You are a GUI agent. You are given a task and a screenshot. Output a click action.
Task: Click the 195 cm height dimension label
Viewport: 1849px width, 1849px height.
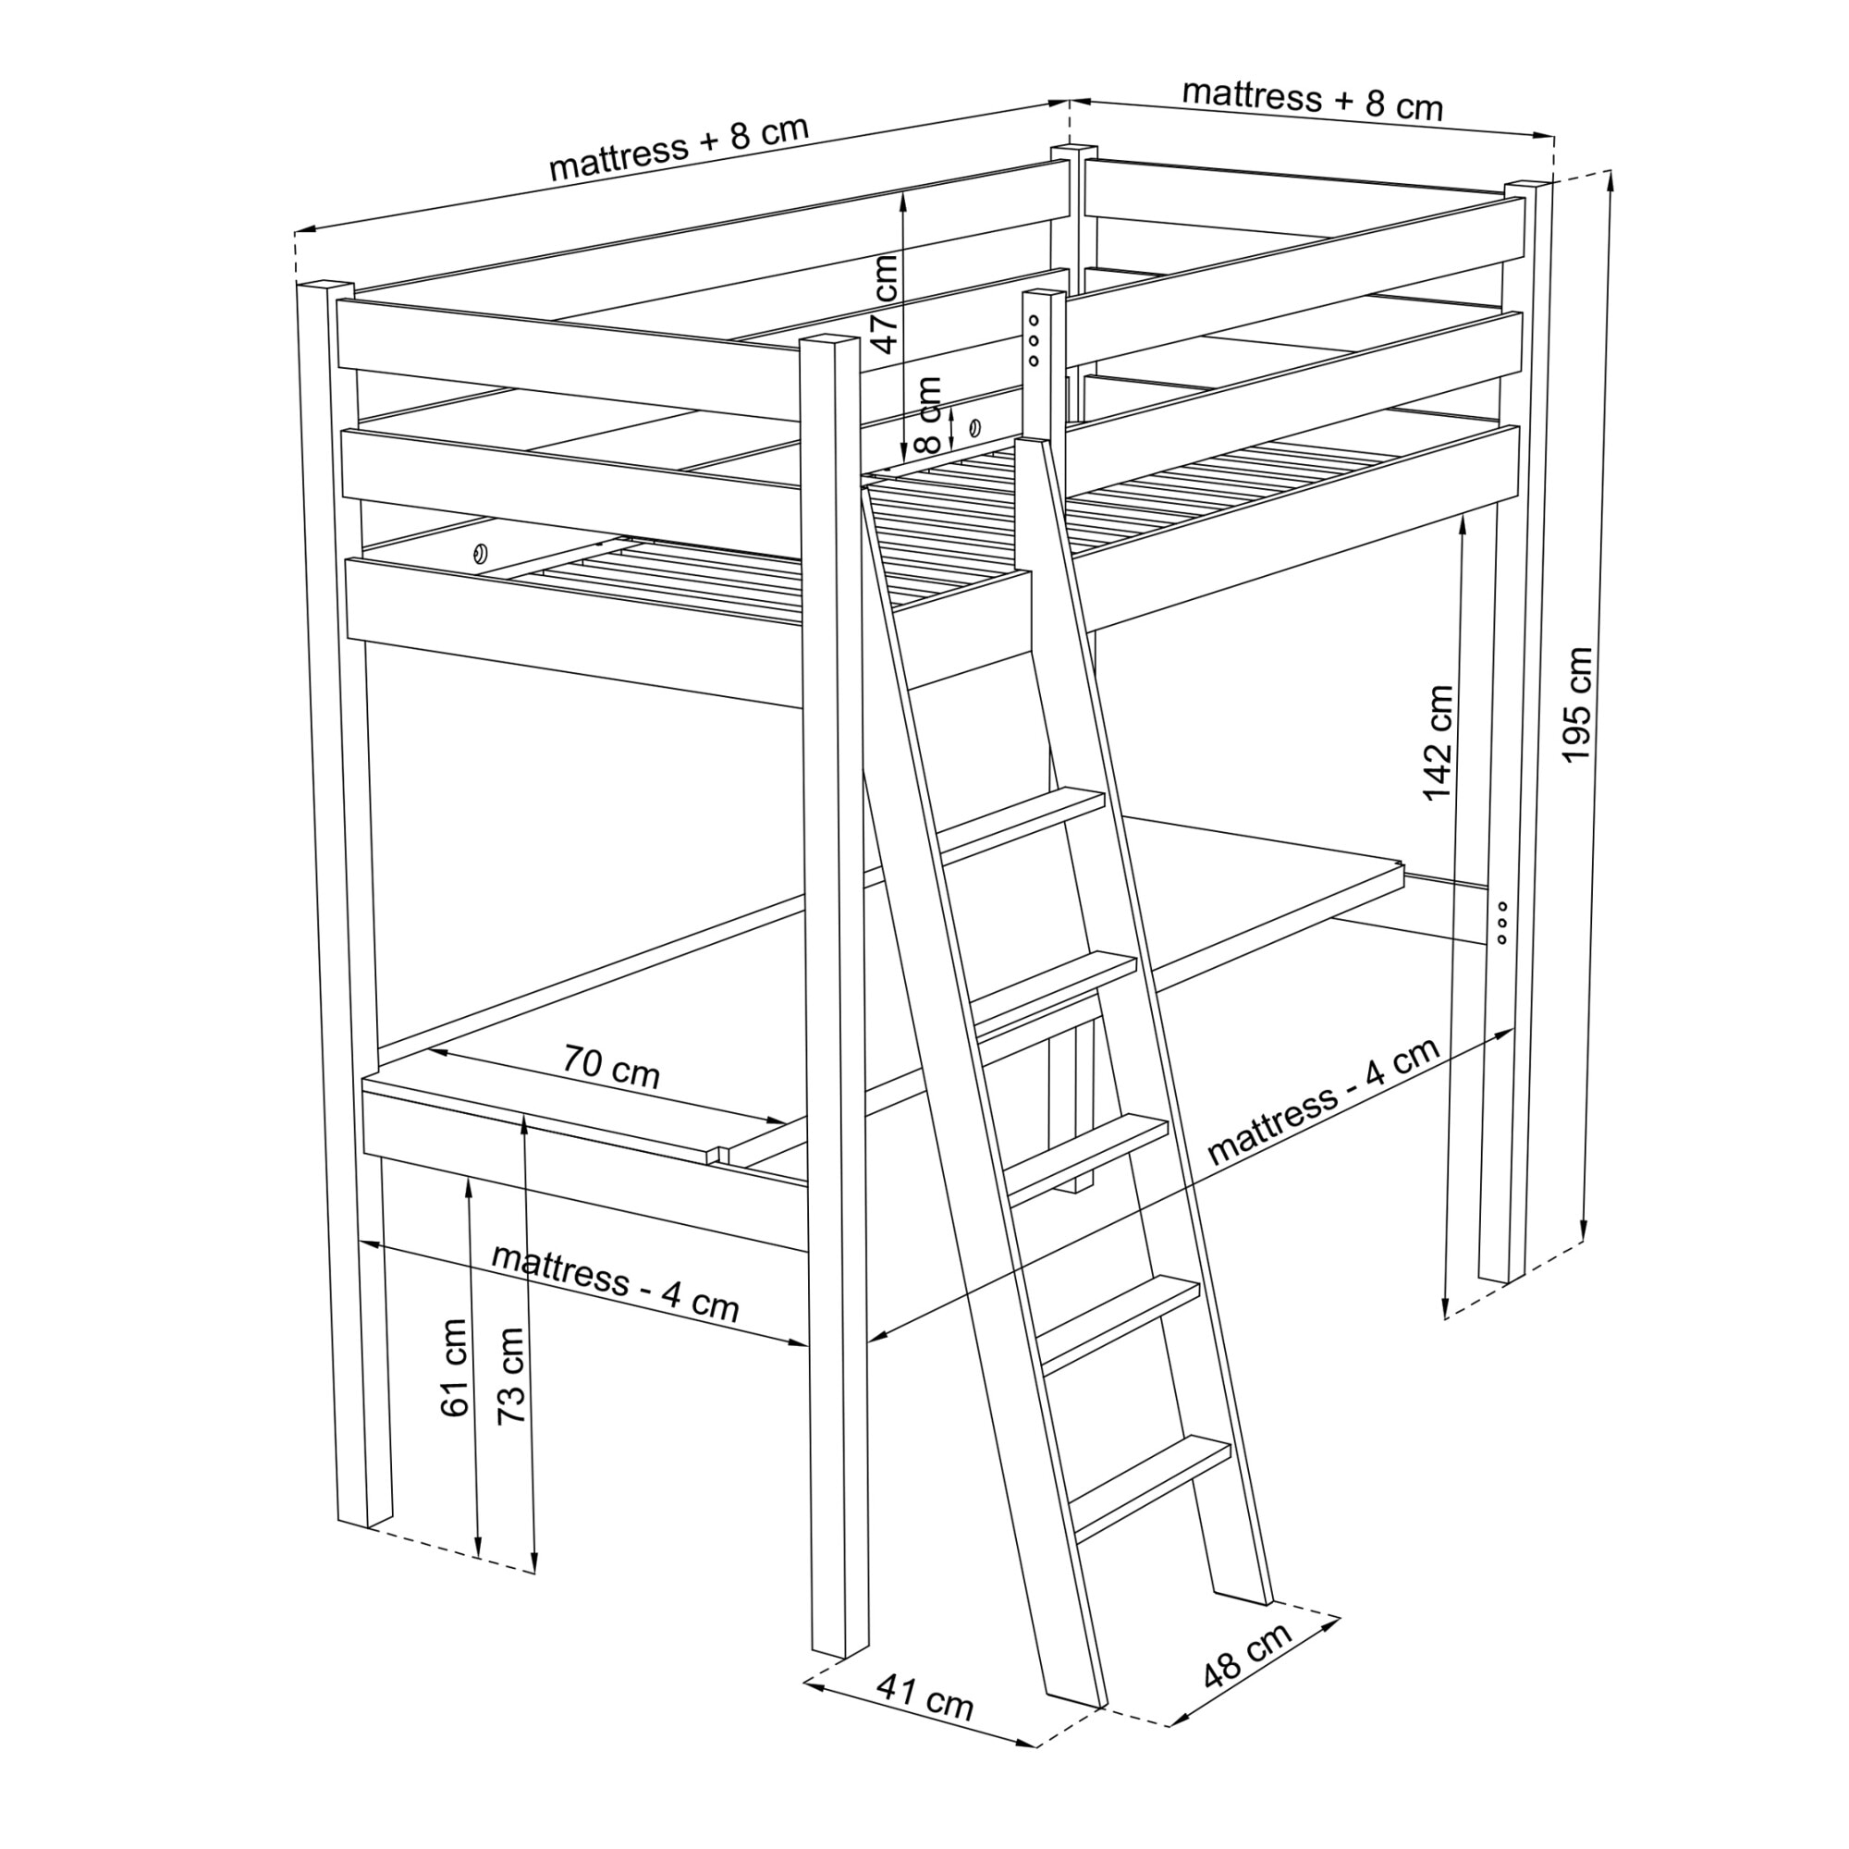[x=1576, y=705]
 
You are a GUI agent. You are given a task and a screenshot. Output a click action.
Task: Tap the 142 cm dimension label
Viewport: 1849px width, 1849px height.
[x=1439, y=742]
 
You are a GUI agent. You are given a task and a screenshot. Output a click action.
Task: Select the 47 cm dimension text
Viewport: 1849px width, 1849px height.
[x=887, y=304]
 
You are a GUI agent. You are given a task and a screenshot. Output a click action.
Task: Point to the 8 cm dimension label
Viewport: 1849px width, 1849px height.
[x=928, y=414]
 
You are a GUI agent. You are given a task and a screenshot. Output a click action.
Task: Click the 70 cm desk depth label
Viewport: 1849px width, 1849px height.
[x=610, y=1067]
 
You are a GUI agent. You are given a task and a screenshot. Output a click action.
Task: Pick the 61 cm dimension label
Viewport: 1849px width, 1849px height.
[x=455, y=1367]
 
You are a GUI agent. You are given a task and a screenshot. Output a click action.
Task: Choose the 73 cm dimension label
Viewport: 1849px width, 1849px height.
[x=511, y=1376]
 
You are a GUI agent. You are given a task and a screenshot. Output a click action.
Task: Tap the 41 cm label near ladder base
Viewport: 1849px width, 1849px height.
[x=925, y=1723]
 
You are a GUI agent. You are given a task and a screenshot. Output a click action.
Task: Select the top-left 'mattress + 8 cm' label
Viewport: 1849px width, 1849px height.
[x=680, y=148]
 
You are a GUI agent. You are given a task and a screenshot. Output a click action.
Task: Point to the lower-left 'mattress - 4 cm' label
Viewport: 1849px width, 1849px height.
[x=616, y=1282]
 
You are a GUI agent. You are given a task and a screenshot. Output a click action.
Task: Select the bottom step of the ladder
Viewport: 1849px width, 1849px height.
[x=1150, y=1489]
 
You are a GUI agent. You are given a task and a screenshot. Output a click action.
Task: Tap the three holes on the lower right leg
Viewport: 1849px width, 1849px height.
[x=1501, y=922]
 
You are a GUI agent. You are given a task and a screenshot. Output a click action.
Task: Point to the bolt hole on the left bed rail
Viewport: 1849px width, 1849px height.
[x=479, y=552]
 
